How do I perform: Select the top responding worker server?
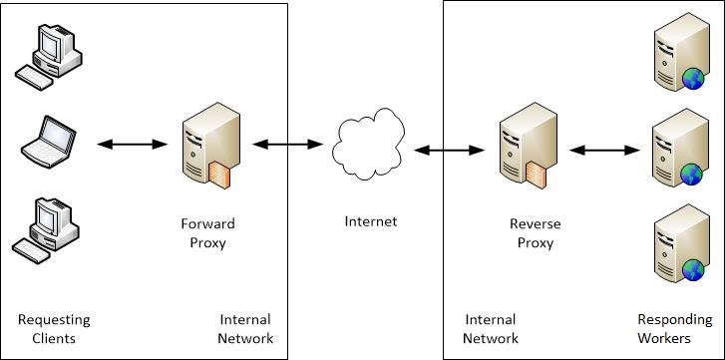pyautogui.click(x=675, y=58)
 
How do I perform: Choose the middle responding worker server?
pyautogui.click(x=675, y=152)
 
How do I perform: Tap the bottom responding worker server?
pyautogui.click(x=675, y=245)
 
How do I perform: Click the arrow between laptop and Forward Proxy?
pyautogui.click(x=133, y=145)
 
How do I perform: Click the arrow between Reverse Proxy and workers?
pyautogui.click(x=603, y=151)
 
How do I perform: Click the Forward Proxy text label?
pyautogui.click(x=207, y=231)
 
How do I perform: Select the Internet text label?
pyautogui.click(x=370, y=221)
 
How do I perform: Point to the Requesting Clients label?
pyautogui.click(x=54, y=329)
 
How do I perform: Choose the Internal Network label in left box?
pyautogui.click(x=244, y=329)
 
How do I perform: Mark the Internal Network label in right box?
pyautogui.click(x=490, y=329)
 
